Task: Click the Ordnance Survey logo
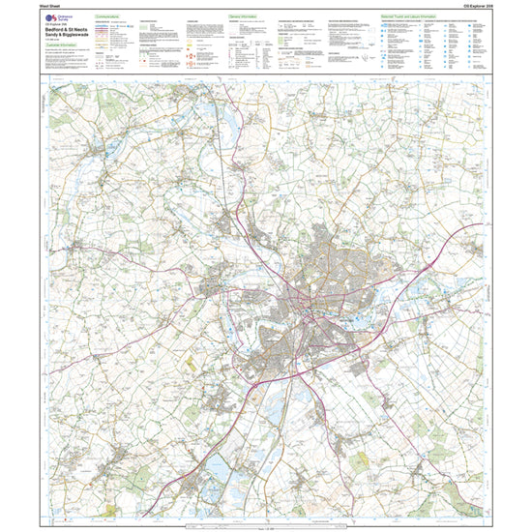(57, 22)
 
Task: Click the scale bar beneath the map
(266, 523)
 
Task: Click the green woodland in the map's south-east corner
(455, 484)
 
